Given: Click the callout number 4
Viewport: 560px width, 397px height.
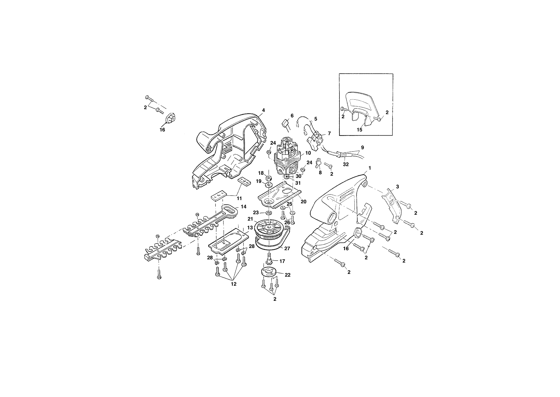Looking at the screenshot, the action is pos(263,110).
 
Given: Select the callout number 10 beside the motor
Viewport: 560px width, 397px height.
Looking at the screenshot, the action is pos(308,153).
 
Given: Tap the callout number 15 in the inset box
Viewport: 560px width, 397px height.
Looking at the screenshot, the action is pos(359,130).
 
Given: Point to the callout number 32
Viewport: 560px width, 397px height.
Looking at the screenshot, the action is pos(346,164).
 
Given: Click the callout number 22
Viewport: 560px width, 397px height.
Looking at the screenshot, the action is pos(288,275).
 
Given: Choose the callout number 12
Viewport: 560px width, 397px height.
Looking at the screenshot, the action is pos(234,284).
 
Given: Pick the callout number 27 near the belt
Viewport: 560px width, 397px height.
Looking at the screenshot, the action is pos(287,248).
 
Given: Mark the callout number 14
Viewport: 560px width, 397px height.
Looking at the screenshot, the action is pos(243,206).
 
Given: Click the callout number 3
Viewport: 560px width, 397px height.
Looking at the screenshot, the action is pos(397,187).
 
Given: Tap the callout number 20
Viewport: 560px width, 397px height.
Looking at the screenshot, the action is pos(303,202).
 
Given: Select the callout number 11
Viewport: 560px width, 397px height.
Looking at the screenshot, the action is pos(239,198).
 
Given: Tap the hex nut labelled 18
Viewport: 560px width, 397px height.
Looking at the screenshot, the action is pos(268,178).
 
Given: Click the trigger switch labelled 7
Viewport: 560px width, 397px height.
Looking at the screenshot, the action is pos(316,141).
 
